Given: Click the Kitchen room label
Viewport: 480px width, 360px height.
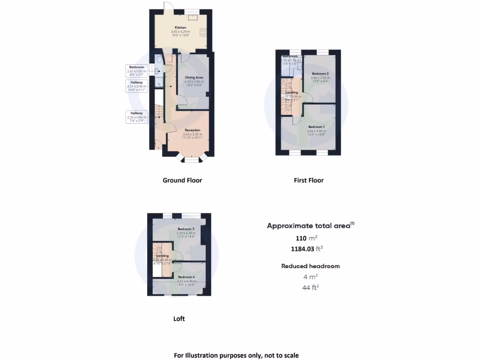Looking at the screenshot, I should coord(180,28).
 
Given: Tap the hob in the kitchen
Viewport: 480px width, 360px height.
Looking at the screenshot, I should coord(204,32).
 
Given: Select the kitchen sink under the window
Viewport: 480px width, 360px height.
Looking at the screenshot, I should coord(192,18).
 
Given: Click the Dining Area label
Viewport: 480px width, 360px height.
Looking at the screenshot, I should coord(193,77).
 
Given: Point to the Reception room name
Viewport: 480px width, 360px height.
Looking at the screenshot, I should coord(192,130).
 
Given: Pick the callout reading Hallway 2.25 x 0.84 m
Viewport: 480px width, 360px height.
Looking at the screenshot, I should coord(136,117).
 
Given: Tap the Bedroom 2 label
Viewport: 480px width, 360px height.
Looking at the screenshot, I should coord(321,74).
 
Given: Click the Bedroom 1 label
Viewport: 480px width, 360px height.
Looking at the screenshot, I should coord(315,127).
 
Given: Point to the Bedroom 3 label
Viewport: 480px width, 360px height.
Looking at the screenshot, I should coord(186,229).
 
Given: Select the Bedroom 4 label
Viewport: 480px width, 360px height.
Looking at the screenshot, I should coord(186,277).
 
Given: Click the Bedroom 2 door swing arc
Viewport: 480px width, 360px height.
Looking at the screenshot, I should coord(307,97).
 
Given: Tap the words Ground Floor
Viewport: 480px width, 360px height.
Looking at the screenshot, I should coord(182,180).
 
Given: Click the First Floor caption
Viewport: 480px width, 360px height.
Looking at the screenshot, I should coord(308,180).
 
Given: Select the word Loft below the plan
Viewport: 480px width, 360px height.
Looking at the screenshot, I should coord(179,319).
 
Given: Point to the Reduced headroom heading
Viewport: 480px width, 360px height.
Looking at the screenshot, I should coord(310,266).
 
